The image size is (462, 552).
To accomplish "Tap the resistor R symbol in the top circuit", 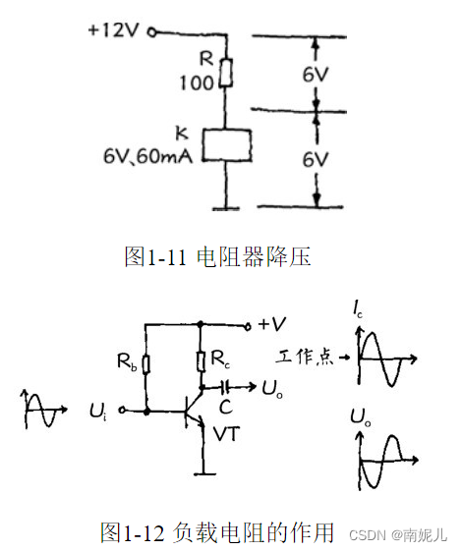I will coord(227,72).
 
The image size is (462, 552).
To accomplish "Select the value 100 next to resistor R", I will coord(195,83).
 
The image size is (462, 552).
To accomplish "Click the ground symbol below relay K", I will coord(227,207).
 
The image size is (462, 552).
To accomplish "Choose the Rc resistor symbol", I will coord(201,361).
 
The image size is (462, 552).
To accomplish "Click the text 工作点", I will coord(306,359).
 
